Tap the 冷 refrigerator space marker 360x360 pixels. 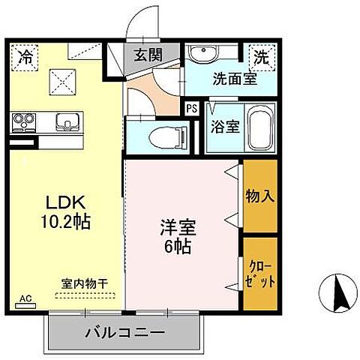click(x=25, y=55)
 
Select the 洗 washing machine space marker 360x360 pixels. click(x=260, y=55)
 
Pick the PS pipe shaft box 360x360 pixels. click(x=192, y=108)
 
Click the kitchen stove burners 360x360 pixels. click(x=25, y=120)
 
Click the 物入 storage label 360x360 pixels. click(x=259, y=197)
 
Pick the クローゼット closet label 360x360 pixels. click(x=259, y=273)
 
